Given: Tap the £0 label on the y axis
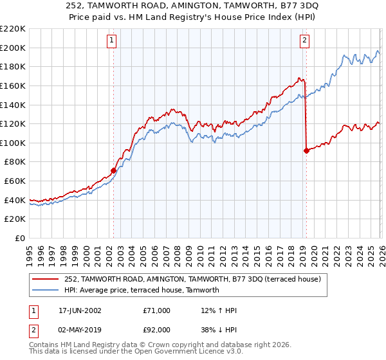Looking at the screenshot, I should point(20,238).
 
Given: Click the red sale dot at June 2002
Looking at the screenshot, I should point(114,170).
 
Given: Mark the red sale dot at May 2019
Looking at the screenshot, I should point(306,150).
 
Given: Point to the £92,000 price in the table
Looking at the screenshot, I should point(157,328).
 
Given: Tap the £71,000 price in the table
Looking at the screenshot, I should point(157,310).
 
